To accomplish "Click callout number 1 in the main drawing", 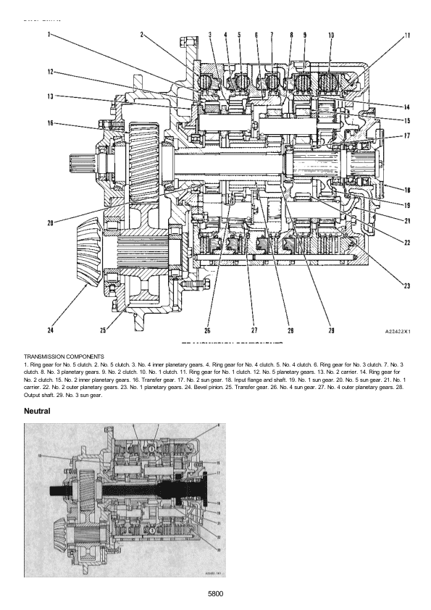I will pyautogui.click(x=49, y=34).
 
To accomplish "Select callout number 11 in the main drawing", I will pyautogui.click(x=407, y=35).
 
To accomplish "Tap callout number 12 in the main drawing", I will pyautogui.click(x=49, y=72).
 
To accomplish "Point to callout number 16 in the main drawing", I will pyautogui.click(x=50, y=124).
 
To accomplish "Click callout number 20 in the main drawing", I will pyautogui.click(x=50, y=222).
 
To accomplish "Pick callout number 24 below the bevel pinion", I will pyautogui.click(x=50, y=331).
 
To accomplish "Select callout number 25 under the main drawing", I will pyautogui.click(x=104, y=331).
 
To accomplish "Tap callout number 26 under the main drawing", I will pyautogui.click(x=207, y=331).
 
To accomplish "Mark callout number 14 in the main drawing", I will pyautogui.click(x=407, y=106).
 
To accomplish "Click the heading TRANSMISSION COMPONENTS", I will pyautogui.click(x=64, y=356).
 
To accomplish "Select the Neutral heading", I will pyautogui.click(x=37, y=411).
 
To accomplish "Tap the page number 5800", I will pyautogui.click(x=214, y=593).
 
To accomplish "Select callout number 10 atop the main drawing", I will pyautogui.click(x=330, y=34).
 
